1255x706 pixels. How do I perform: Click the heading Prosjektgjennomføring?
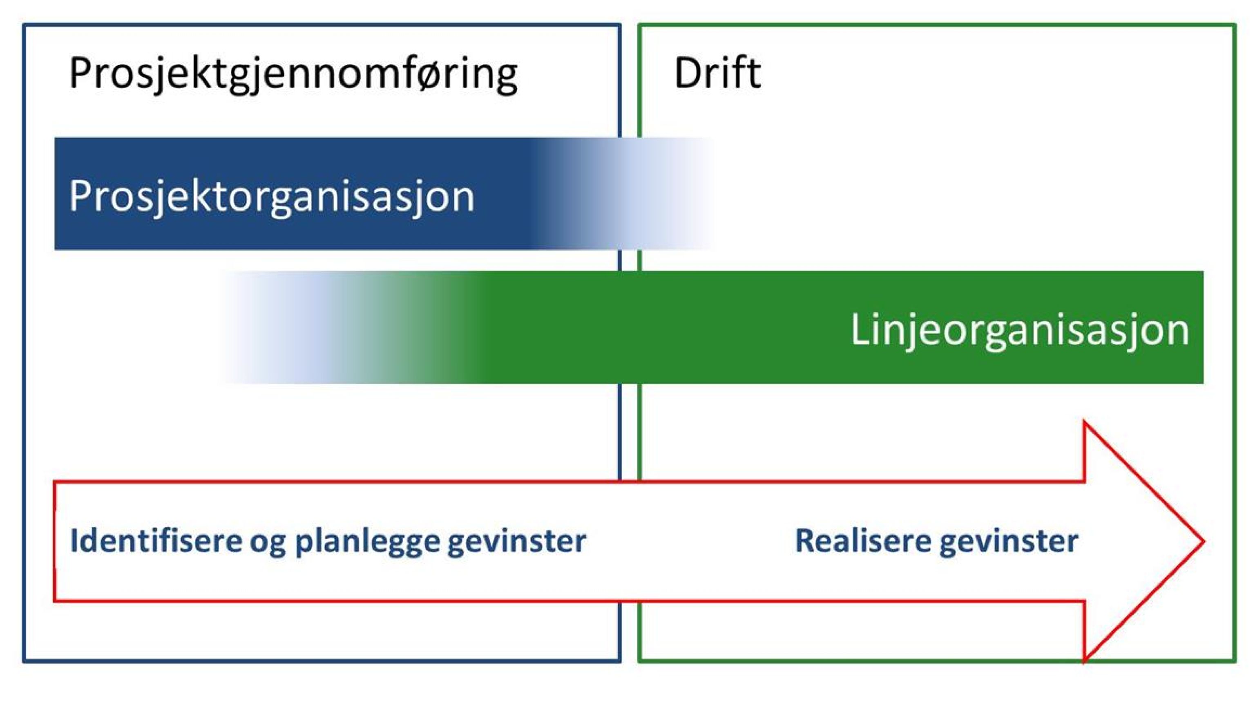click(x=293, y=74)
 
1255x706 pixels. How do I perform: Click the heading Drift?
click(x=717, y=73)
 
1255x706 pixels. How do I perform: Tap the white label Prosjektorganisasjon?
click(x=271, y=196)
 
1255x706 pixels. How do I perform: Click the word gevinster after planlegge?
click(x=517, y=541)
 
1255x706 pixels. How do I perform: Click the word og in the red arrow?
click(x=268, y=542)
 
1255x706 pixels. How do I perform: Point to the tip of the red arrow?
click(x=1204, y=541)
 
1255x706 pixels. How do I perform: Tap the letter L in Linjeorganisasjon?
click(x=860, y=329)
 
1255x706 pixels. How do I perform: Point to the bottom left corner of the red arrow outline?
click(x=55, y=600)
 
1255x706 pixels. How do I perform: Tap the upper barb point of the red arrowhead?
click(x=1085, y=422)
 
